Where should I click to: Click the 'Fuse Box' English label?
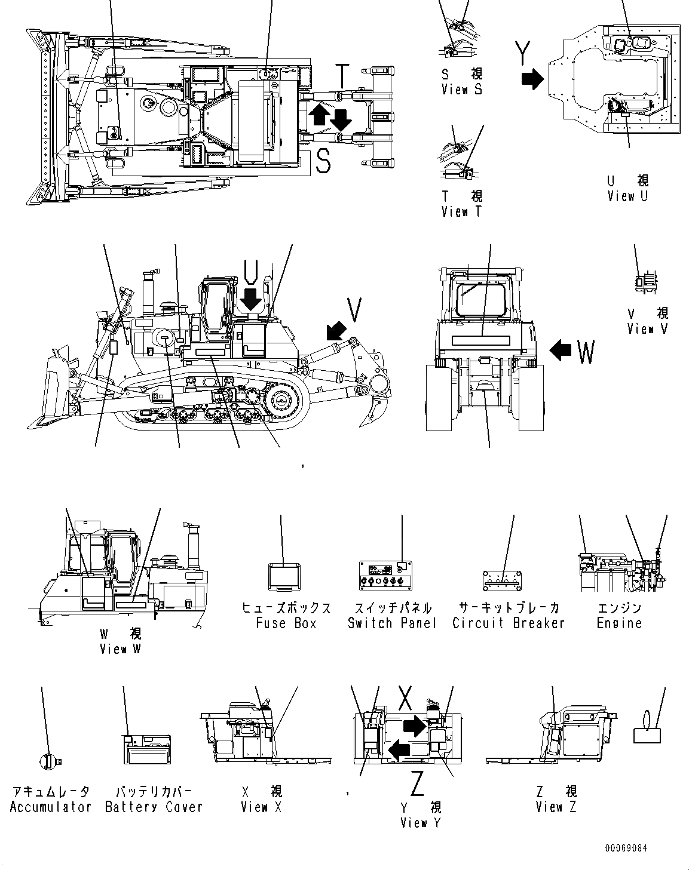coord(286,623)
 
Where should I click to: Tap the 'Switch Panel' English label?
coord(392,623)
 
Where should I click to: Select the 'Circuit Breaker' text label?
coord(508,623)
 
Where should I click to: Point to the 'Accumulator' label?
coord(50,807)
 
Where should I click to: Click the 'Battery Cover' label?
coord(154,807)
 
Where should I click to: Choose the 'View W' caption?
coord(120,648)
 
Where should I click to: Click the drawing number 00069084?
coord(626,848)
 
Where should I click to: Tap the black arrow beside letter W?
coord(561,350)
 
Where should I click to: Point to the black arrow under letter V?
coord(336,329)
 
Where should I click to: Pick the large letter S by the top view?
coord(323,161)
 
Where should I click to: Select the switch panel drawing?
coord(387,575)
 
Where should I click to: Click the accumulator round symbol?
coord(48,760)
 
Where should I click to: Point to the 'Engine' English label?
coord(619,623)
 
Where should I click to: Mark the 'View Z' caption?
coord(556,807)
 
